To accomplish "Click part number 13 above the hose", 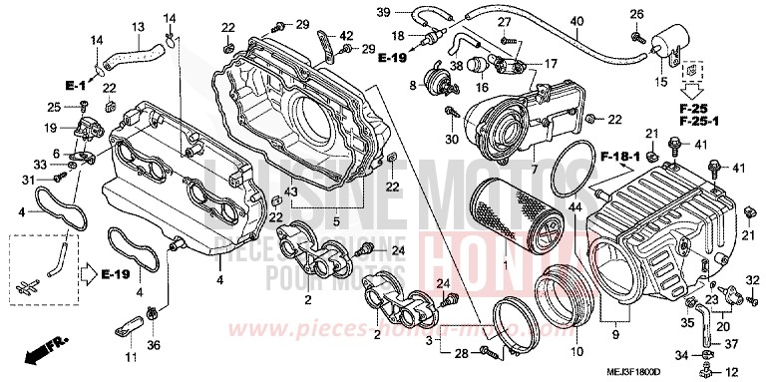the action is point(138,25).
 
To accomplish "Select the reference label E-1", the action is point(77,85).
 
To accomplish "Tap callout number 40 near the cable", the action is point(576,22).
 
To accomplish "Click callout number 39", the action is point(383,11).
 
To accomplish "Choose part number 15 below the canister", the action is point(660,81).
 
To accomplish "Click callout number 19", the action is point(49,128).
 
